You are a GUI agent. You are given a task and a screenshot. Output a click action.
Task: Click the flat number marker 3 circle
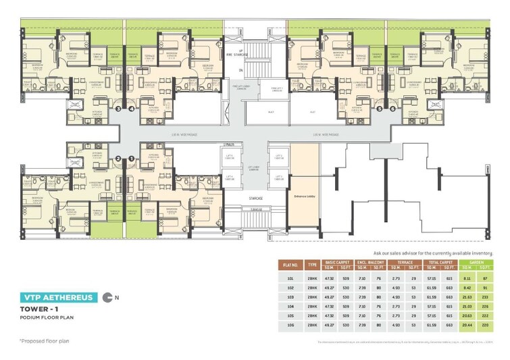(x=118, y=107)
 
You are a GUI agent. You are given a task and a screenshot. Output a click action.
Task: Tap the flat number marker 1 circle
(x=131, y=159)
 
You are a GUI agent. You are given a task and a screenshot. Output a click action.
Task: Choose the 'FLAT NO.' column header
(x=291, y=264)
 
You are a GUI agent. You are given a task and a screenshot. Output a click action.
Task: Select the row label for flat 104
(x=291, y=305)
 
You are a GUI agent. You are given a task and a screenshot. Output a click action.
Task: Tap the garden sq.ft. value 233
(x=484, y=296)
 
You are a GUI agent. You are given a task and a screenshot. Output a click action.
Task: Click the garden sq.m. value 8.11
(x=466, y=277)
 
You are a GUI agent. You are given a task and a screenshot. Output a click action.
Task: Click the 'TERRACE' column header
(x=405, y=261)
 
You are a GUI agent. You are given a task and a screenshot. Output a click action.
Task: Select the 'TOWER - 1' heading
(x=39, y=310)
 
